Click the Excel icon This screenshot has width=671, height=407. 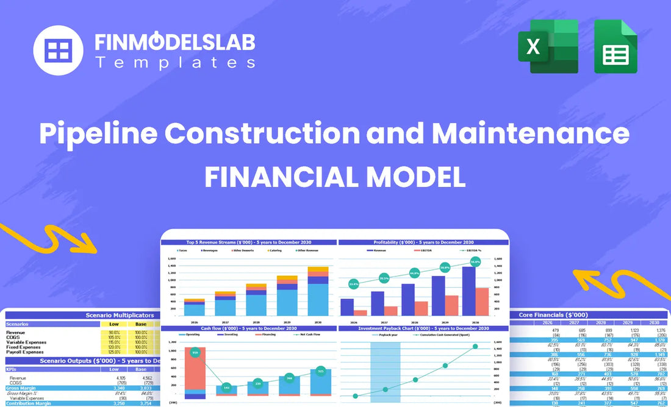tap(548, 47)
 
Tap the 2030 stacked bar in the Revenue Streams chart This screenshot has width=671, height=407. tap(318, 291)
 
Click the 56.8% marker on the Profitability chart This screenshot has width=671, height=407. tap(475, 261)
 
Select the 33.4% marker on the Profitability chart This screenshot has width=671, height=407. tap(354, 283)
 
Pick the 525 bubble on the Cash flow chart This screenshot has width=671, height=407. tap(320, 370)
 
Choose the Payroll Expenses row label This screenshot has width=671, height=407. tap(25, 352)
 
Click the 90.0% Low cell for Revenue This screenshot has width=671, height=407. tap(114, 332)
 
